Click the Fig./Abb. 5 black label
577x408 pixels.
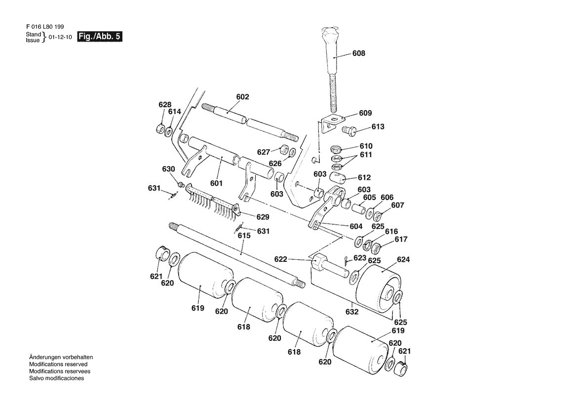tap(99, 37)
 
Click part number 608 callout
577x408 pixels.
tap(359, 53)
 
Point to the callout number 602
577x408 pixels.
tap(242, 97)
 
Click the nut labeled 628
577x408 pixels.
tap(160, 129)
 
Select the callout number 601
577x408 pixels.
tap(216, 183)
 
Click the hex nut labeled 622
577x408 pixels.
tap(317, 261)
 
